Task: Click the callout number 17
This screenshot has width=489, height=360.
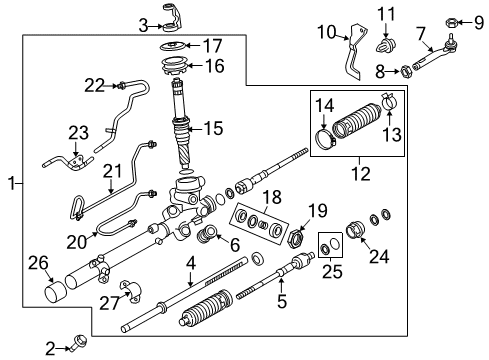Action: pyautogui.click(x=213, y=46)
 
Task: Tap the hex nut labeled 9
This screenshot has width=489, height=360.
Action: pyautogui.click(x=451, y=23)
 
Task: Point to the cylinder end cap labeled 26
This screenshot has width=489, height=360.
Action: pyautogui.click(x=55, y=292)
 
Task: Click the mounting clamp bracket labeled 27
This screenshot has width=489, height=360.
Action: pyautogui.click(x=130, y=291)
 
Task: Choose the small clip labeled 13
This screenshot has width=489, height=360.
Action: pyautogui.click(x=388, y=101)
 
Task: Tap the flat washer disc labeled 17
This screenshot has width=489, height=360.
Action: pyautogui.click(x=174, y=45)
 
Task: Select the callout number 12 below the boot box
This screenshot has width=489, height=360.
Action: pyautogui.click(x=361, y=174)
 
